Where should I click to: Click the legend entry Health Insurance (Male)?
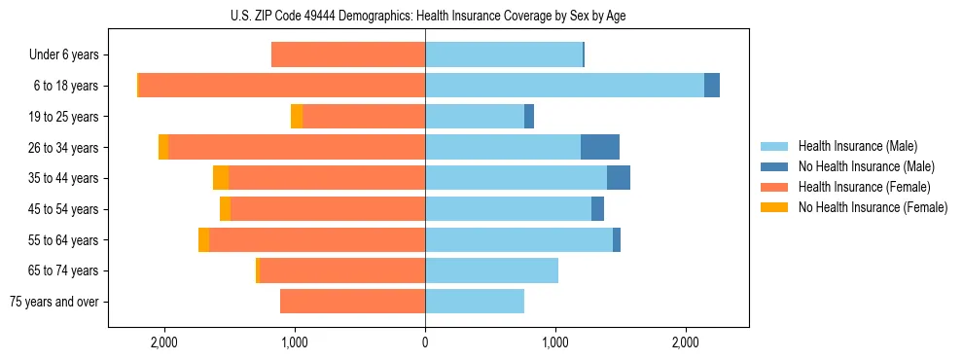tap(856, 146)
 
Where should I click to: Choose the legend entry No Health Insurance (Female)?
tap(872, 207)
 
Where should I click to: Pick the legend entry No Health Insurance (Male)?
tap(865, 166)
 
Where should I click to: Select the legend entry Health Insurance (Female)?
tap(864, 187)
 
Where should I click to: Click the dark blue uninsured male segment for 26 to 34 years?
tap(600, 147)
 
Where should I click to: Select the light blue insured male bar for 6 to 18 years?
tap(564, 85)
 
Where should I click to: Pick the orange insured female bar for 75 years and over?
tap(352, 302)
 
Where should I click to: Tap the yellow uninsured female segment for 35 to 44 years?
tap(221, 178)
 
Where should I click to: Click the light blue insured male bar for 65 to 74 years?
tap(491, 270)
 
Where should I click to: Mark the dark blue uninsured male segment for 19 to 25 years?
tap(529, 116)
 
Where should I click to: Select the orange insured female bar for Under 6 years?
tap(348, 54)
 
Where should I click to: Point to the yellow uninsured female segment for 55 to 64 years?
tap(203, 239)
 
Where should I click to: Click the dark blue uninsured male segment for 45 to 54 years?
tap(597, 208)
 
